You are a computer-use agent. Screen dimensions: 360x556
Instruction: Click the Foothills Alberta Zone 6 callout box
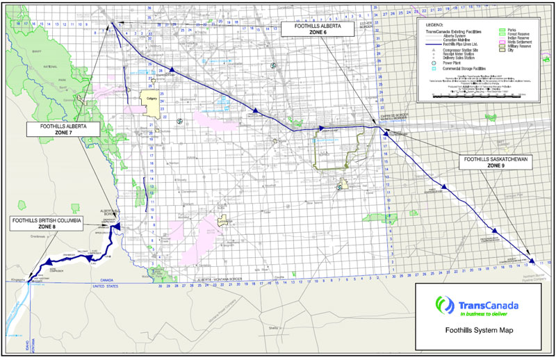[313, 31]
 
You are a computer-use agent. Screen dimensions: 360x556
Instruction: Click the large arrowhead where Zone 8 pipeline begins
[117, 227]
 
